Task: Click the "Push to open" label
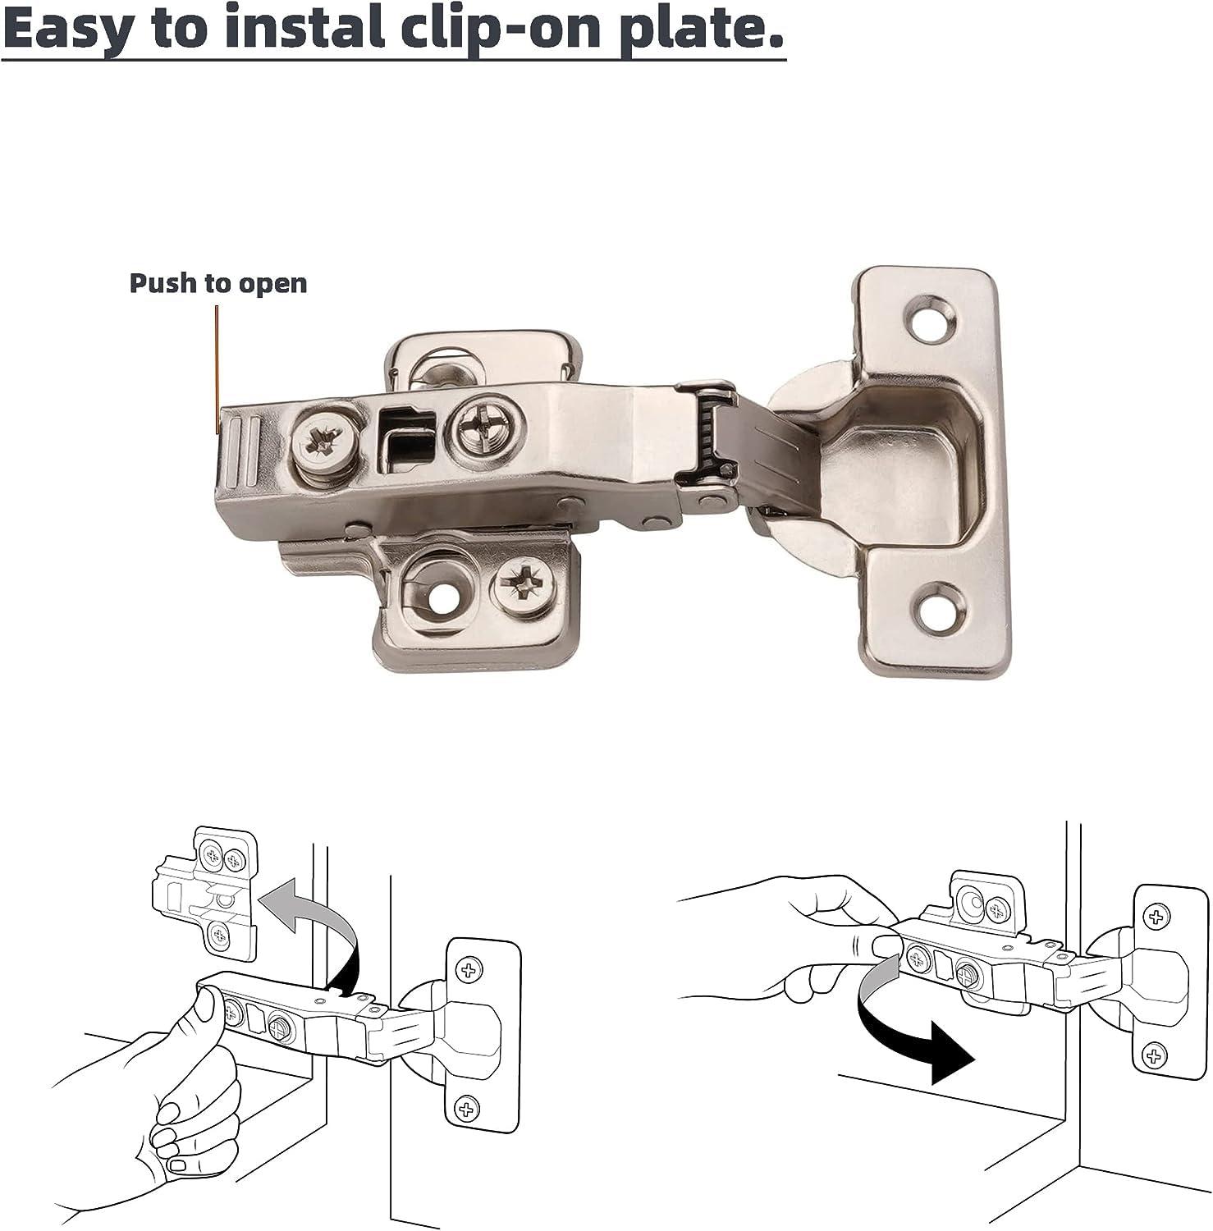(218, 283)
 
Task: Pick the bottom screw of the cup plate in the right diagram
(1154, 1054)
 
